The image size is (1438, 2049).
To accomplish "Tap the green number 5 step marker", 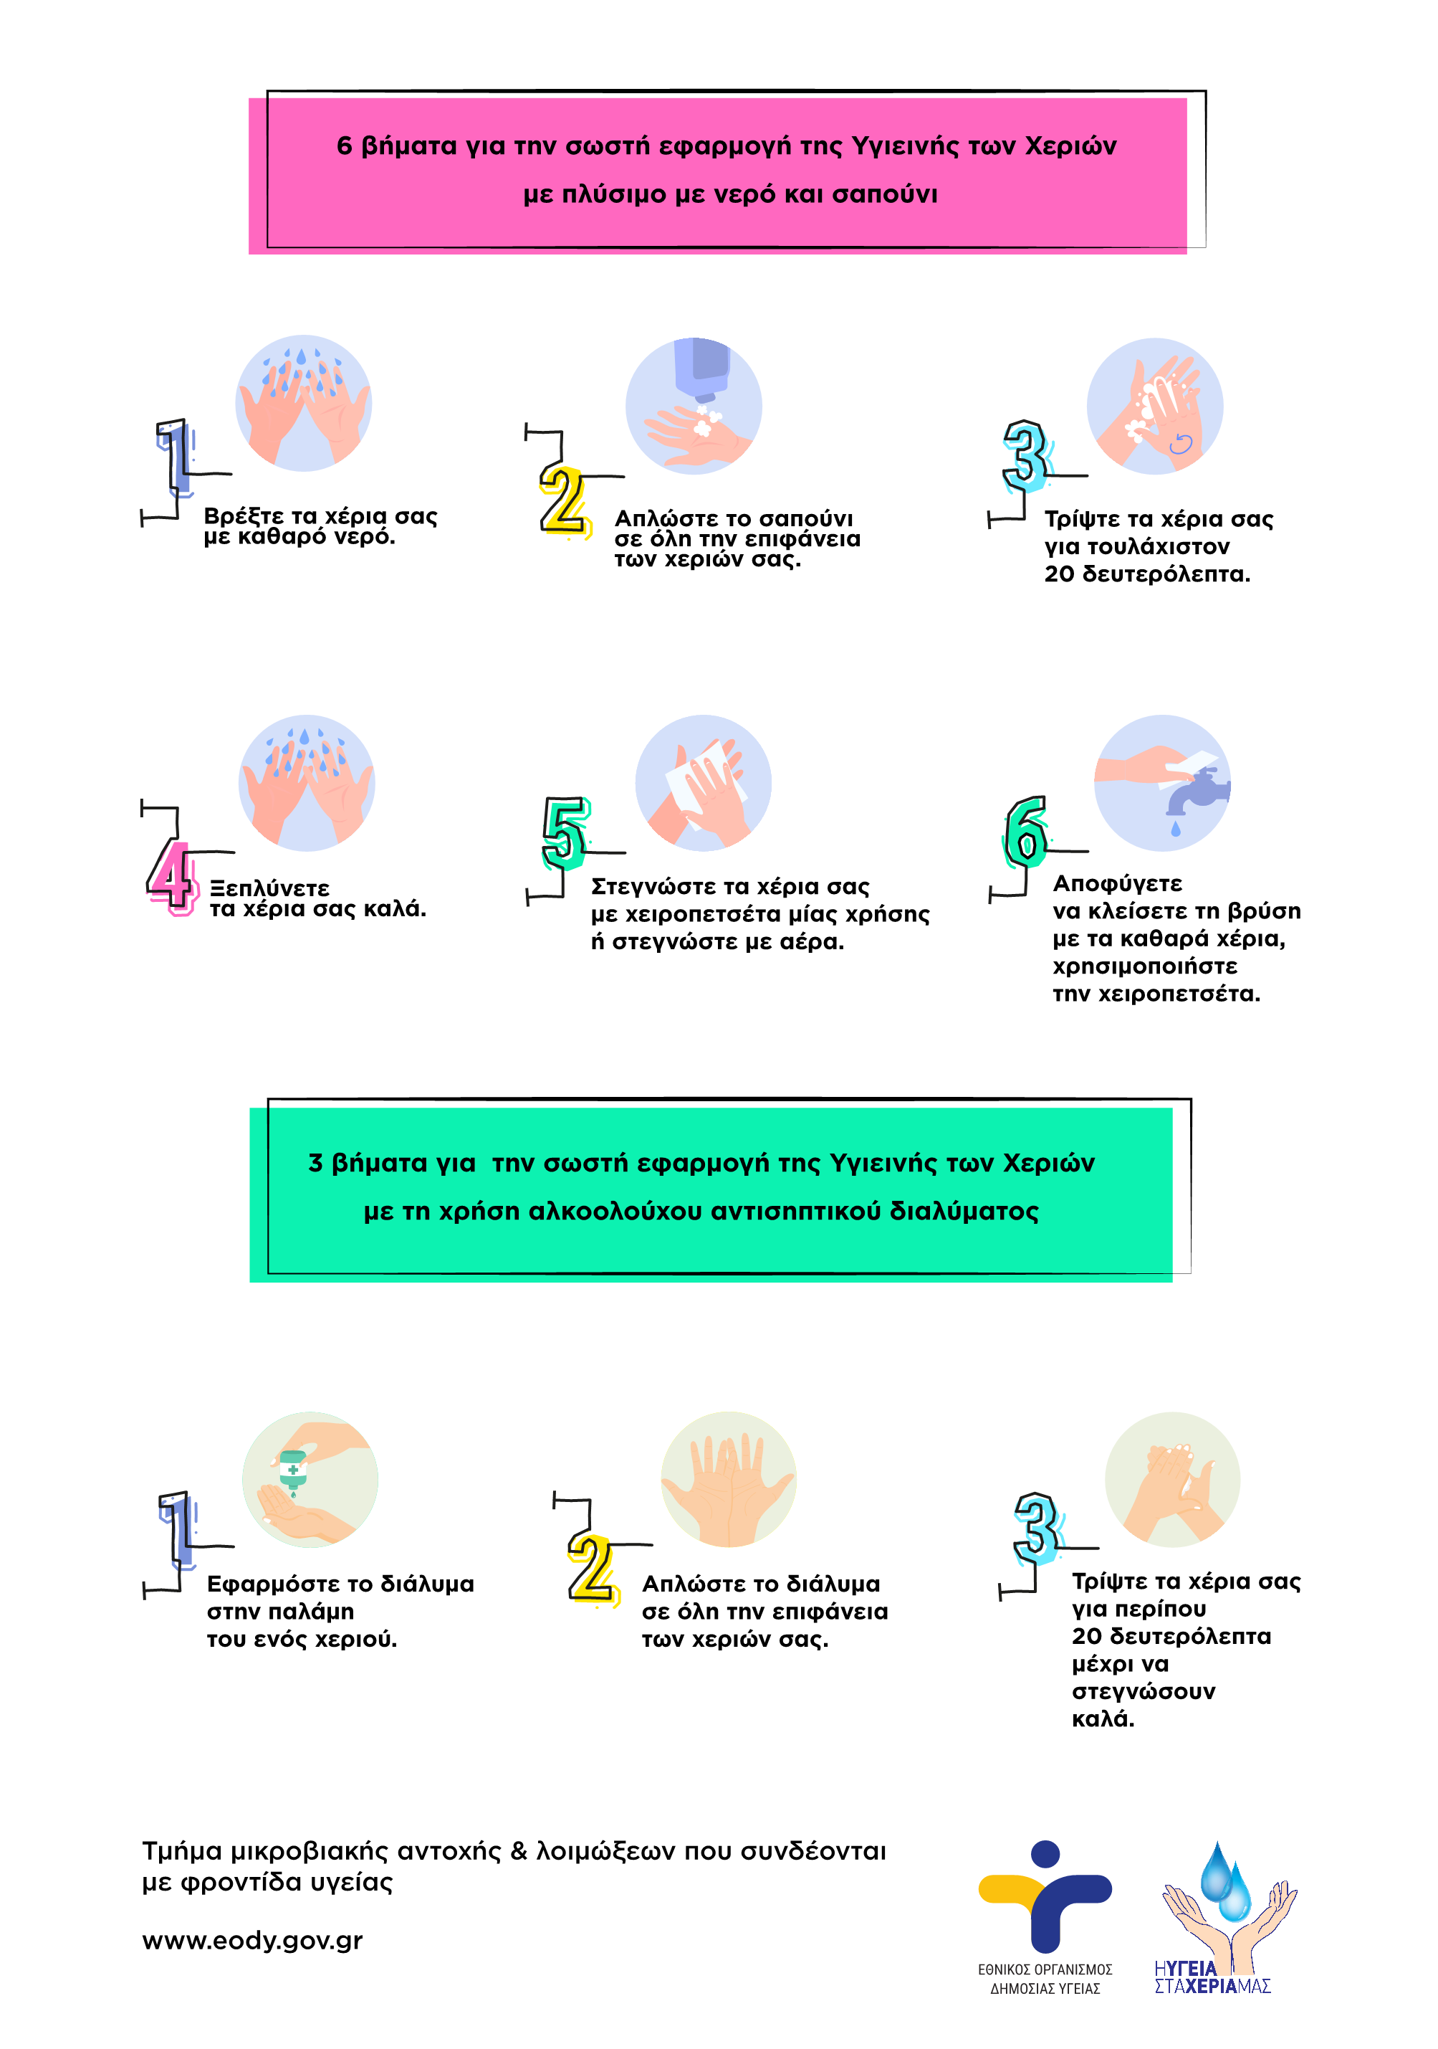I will tap(565, 834).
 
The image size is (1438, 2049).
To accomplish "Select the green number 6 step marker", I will tap(1025, 832).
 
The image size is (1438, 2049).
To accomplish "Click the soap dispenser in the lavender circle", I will tap(702, 366).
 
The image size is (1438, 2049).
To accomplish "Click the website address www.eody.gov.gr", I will tap(252, 1940).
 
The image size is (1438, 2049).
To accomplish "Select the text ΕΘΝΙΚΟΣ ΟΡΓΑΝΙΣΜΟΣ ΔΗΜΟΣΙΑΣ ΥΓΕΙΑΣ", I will tap(1045, 1979).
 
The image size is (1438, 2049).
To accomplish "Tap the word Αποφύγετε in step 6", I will tap(1117, 883).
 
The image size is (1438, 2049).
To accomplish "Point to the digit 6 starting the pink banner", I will tap(345, 146).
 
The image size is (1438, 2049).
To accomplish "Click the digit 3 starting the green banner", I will tap(315, 1163).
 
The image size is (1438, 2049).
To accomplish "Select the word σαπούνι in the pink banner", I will tap(884, 194).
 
